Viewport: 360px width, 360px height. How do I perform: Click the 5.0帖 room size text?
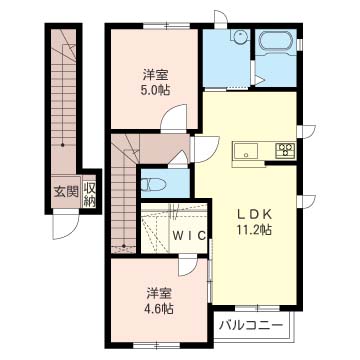(155, 89)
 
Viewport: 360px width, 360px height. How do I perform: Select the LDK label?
(254, 214)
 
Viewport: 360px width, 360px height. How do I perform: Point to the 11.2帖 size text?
(254, 230)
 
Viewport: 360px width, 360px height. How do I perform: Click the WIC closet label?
(188, 236)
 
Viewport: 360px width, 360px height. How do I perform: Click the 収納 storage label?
(89, 194)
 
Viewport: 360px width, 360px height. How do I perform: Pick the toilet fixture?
(153, 184)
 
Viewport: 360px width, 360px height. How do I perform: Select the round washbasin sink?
(241, 36)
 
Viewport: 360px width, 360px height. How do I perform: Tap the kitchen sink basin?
(246, 150)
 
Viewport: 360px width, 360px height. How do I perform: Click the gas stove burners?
(285, 149)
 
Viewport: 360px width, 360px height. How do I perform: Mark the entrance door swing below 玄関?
(65, 224)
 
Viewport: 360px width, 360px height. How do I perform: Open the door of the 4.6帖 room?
(188, 265)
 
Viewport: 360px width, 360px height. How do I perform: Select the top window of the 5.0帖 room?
(166, 26)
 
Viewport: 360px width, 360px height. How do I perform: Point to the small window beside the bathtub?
(300, 45)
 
